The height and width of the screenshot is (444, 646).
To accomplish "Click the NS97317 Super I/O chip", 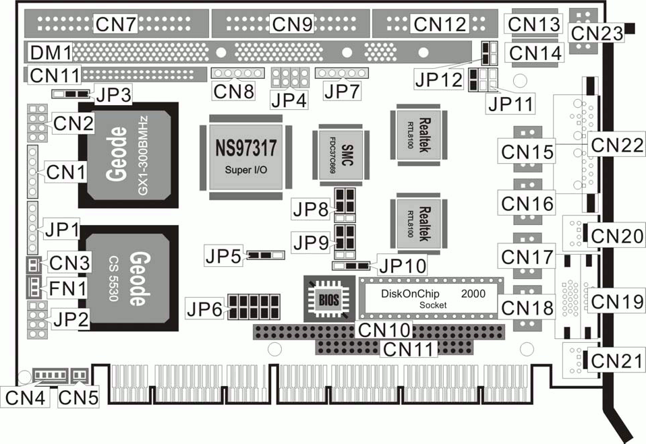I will pos(245,156).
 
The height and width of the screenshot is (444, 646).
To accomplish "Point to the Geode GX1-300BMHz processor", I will pos(127,155).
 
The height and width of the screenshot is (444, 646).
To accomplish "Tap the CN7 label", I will pos(116,24).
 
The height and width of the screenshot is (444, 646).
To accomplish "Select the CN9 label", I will pos(293,24).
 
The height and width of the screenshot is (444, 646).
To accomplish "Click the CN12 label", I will pos(440,24).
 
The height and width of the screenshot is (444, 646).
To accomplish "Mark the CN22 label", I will pos(616,144).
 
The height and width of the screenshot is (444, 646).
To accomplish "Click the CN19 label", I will pos(616,300).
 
